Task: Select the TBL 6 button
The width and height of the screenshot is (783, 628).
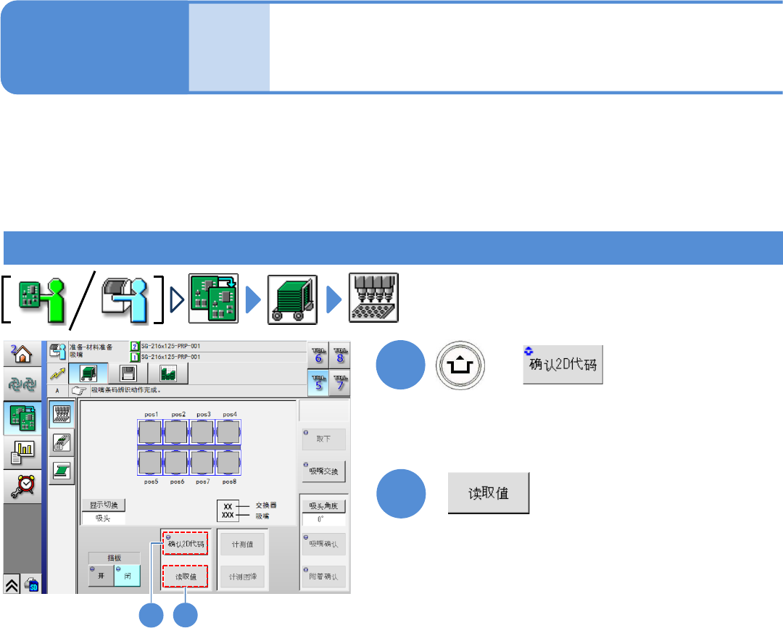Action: (x=318, y=355)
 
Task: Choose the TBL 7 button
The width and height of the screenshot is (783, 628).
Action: (x=339, y=382)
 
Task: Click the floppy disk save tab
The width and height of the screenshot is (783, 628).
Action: (x=128, y=373)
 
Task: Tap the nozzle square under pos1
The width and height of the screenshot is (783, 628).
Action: (x=151, y=433)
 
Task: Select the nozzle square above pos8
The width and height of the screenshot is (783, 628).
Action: (x=229, y=461)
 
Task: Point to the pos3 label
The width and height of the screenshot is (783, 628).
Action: (x=203, y=414)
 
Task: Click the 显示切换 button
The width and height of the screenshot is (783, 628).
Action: (x=104, y=505)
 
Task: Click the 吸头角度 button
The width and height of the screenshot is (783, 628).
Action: (x=323, y=505)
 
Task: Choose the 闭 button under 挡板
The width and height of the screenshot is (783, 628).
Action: (x=127, y=575)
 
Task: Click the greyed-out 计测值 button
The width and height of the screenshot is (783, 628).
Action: (x=242, y=543)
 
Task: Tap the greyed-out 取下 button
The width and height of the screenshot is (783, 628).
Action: (x=323, y=439)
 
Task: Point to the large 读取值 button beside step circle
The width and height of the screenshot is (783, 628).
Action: (x=489, y=494)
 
